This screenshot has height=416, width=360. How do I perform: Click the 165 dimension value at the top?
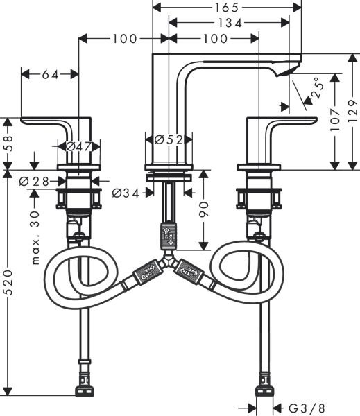click(x=226, y=8)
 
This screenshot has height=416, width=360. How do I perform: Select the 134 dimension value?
click(x=226, y=22)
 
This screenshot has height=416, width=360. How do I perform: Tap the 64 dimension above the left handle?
click(x=50, y=73)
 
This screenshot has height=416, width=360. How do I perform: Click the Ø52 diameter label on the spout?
click(x=169, y=139)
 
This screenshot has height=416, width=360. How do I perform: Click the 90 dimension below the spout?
click(x=205, y=208)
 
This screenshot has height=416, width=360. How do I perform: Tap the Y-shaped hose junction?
click(x=166, y=263)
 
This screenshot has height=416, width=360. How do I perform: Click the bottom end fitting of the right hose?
click(x=264, y=383)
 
